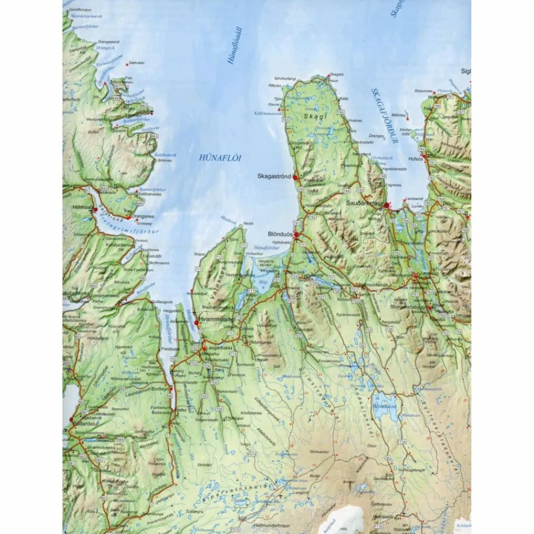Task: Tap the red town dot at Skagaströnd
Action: [x=295, y=177]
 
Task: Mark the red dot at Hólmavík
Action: [x=95, y=210]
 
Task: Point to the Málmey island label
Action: [x=399, y=113]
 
